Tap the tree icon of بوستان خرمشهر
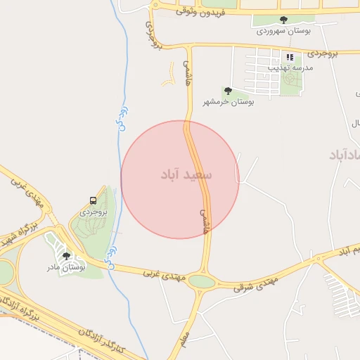point(227,91)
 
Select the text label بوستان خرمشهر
point(229,102)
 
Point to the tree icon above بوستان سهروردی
point(283,20)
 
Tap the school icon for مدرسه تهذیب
point(289,57)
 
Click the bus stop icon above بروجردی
point(94,200)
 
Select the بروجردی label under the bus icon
point(92,211)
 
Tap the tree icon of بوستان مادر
point(66,257)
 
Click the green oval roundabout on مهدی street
point(202,282)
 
